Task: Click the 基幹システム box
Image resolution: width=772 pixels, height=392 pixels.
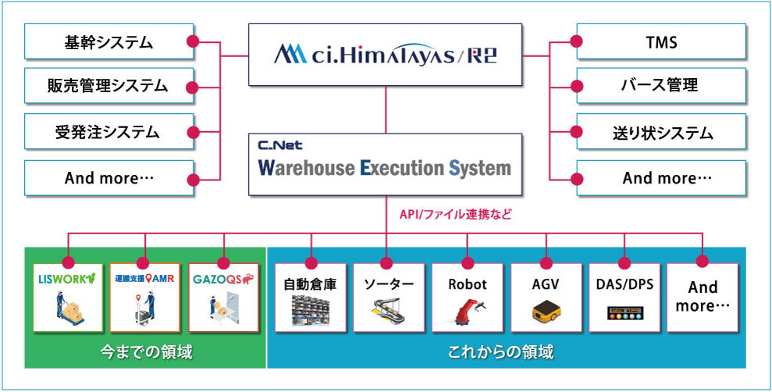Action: click(109, 42)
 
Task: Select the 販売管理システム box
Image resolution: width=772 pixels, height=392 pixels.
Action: click(109, 87)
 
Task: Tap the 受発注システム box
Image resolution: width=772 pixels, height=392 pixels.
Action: click(109, 132)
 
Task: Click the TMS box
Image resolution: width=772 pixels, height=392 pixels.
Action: click(662, 42)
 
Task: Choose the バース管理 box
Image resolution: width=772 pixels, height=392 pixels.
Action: click(662, 87)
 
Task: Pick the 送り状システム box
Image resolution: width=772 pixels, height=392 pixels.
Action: click(662, 132)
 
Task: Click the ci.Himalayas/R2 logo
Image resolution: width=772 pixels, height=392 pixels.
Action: click(386, 55)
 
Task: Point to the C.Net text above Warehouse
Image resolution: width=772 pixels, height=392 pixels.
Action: click(280, 145)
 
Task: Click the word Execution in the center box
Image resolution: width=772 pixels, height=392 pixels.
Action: click(402, 168)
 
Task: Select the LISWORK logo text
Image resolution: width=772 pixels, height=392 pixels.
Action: click(67, 279)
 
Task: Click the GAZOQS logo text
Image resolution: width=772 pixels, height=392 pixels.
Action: click(223, 280)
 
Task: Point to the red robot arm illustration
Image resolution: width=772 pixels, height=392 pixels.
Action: click(468, 310)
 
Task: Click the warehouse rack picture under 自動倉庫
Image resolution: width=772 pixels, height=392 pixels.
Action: click(310, 310)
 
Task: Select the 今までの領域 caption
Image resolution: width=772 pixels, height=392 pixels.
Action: click(146, 353)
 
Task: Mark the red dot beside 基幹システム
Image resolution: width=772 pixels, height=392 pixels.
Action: click(193, 41)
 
